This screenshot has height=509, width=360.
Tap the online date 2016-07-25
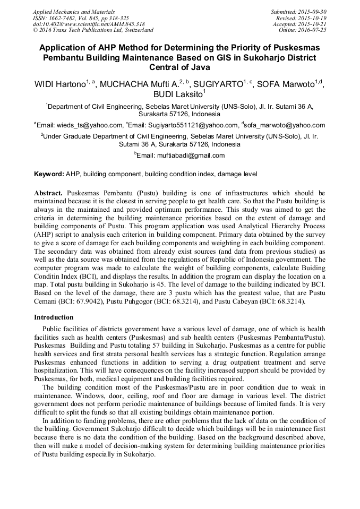(313, 30)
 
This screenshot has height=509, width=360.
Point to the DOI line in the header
(88, 24)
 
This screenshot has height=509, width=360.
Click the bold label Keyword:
(49, 174)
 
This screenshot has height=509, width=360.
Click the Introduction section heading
(54, 317)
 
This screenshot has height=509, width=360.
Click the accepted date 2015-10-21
(314, 24)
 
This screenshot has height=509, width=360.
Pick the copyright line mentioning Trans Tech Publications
(93, 30)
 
